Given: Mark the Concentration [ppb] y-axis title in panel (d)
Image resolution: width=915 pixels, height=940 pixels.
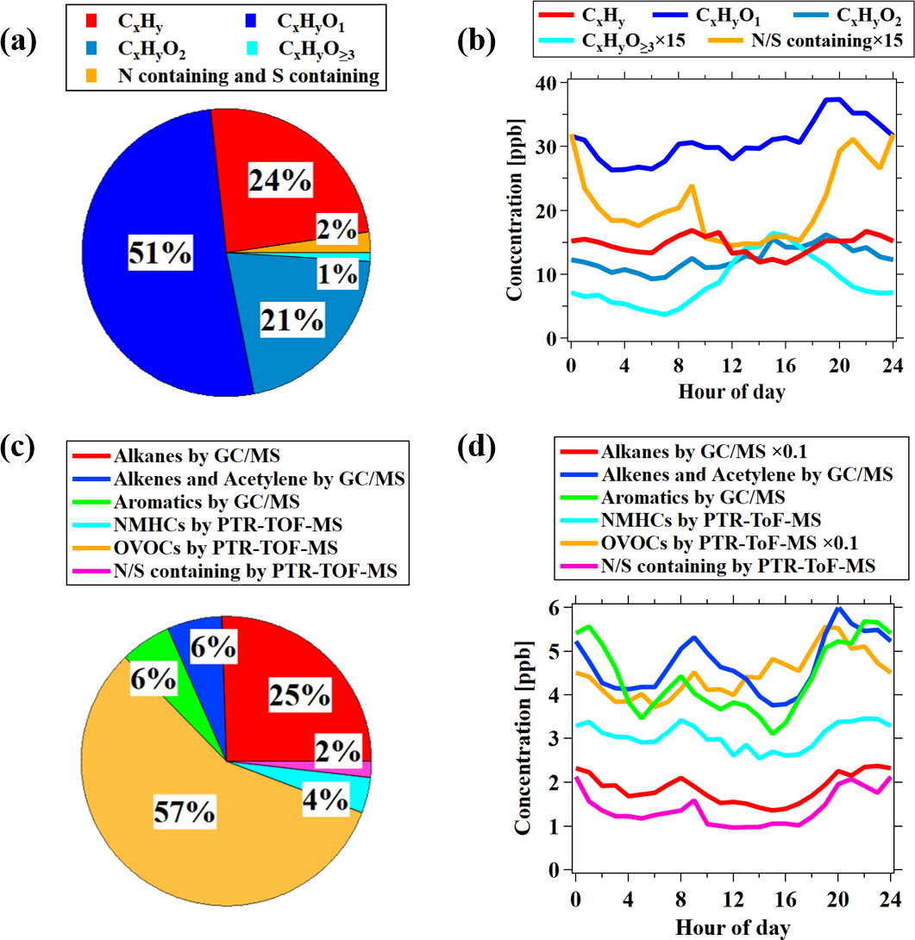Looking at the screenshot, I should [523, 739].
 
